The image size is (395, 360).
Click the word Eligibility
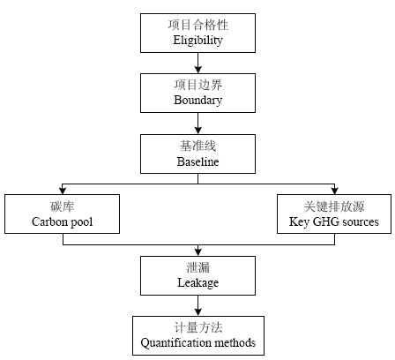point(197,41)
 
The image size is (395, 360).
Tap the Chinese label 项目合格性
point(198,25)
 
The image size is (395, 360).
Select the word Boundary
point(197,101)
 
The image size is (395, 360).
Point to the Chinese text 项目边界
point(198,85)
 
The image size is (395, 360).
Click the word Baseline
point(197,161)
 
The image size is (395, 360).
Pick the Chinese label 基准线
point(197,146)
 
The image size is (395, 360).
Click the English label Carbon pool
point(62,222)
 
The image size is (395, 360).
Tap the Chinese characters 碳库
point(62,206)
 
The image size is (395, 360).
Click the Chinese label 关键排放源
point(334,206)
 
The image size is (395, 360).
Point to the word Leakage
point(197,283)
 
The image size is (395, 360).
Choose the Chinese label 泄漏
point(198,267)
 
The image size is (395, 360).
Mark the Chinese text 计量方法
point(198,327)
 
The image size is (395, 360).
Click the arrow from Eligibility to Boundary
point(197,63)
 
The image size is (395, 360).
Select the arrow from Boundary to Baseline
point(197,124)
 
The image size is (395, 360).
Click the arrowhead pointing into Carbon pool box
point(63,191)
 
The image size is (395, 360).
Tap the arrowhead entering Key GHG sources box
point(334,191)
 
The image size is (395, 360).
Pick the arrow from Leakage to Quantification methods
point(197,305)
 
